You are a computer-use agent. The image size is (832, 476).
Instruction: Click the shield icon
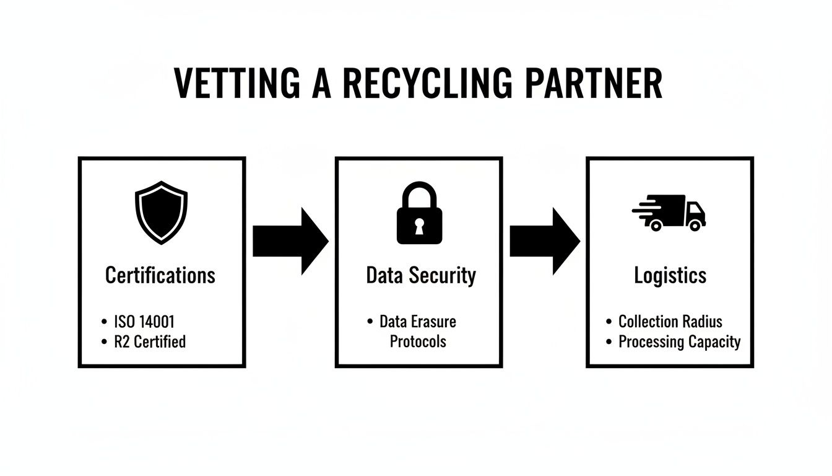161,213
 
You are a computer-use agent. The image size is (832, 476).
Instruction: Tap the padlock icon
419,213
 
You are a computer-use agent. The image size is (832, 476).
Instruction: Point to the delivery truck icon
670,213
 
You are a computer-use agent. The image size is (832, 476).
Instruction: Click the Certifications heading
160,275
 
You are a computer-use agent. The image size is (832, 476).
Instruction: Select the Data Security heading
421,275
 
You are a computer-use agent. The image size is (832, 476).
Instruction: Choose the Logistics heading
670,275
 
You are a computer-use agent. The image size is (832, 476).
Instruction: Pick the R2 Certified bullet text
150,342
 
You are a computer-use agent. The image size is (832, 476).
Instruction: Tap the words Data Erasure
417,322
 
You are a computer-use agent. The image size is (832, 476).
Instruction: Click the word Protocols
417,342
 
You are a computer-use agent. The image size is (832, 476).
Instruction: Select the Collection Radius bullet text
670,322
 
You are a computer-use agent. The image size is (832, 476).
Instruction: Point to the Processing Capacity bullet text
679,342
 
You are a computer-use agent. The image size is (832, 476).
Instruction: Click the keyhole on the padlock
419,224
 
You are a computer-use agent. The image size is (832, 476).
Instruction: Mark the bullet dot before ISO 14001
103,322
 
